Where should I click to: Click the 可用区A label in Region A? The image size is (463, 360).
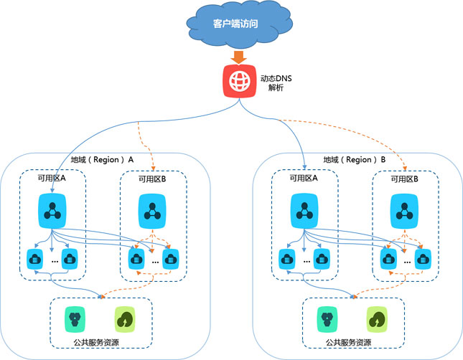(52, 180)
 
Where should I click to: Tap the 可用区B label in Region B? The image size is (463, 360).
(403, 180)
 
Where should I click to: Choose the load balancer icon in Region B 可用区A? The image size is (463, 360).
(305, 212)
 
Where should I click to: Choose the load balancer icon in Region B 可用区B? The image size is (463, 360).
(403, 212)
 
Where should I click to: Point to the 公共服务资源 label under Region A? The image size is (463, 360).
(101, 343)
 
